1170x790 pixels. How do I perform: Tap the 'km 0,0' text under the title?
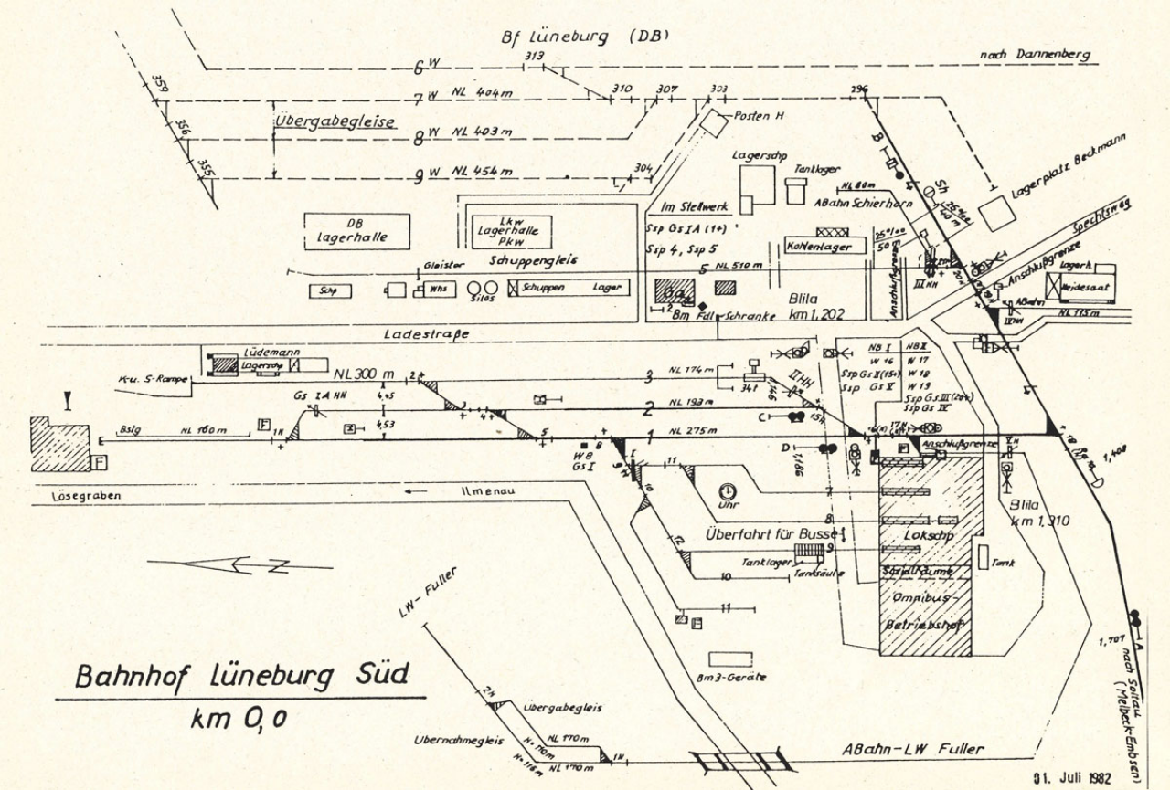239,719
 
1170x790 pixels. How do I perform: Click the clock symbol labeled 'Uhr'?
728,491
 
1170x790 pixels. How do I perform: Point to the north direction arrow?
239,565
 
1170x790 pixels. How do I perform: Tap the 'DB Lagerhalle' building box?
356,231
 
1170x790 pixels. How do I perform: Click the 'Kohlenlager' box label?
818,247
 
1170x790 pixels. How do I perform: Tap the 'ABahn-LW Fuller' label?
912,750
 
